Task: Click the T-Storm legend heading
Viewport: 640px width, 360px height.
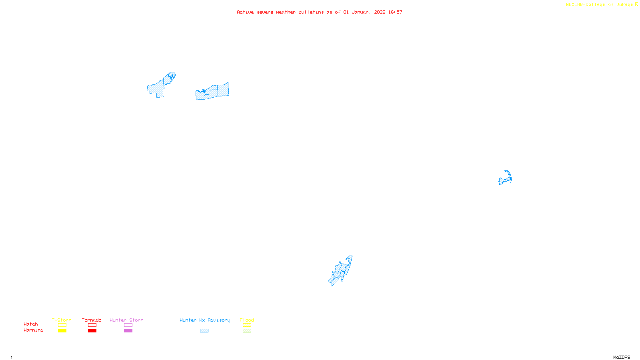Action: click(x=62, y=320)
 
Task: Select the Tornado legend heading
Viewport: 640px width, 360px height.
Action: click(x=92, y=320)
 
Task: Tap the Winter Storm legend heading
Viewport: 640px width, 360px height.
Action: click(x=126, y=320)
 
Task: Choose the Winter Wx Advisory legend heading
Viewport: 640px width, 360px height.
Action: click(x=205, y=320)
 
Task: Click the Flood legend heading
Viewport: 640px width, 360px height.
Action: click(x=247, y=320)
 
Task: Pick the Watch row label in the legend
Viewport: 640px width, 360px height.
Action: click(x=31, y=324)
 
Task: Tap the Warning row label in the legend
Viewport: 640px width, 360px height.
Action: click(x=33, y=330)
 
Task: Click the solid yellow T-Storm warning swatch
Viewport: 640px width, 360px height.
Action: click(x=62, y=331)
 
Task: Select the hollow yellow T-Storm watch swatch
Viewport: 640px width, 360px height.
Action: click(x=62, y=325)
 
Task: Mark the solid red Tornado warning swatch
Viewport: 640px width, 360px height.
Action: click(x=92, y=331)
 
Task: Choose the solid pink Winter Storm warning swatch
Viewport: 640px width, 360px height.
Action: click(x=128, y=331)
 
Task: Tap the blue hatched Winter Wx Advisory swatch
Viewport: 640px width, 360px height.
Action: click(x=204, y=331)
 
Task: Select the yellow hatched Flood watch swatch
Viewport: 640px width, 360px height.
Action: click(x=247, y=325)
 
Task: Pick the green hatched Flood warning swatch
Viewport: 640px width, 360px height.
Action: click(x=247, y=331)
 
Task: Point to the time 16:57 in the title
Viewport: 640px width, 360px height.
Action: click(x=395, y=12)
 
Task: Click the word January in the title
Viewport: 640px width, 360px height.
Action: click(x=361, y=12)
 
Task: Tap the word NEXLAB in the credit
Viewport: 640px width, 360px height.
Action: click(x=574, y=4)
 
